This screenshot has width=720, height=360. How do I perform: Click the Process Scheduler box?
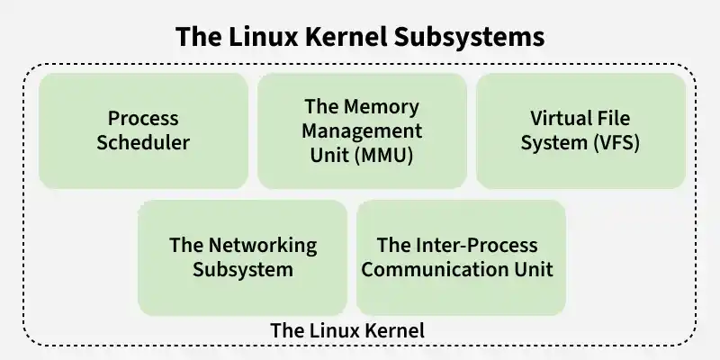143,130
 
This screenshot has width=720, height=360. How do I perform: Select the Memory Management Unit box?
362,130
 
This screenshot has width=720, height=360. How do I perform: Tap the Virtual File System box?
580,130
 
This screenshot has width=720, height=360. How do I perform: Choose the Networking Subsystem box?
242,257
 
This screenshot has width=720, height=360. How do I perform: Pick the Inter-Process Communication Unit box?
461,257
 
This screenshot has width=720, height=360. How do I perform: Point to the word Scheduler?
144,142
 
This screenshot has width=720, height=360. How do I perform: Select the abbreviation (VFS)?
616,142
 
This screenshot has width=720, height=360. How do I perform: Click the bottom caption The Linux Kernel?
347,330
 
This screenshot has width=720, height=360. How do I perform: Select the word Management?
362,130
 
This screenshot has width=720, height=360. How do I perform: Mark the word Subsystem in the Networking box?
243,269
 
